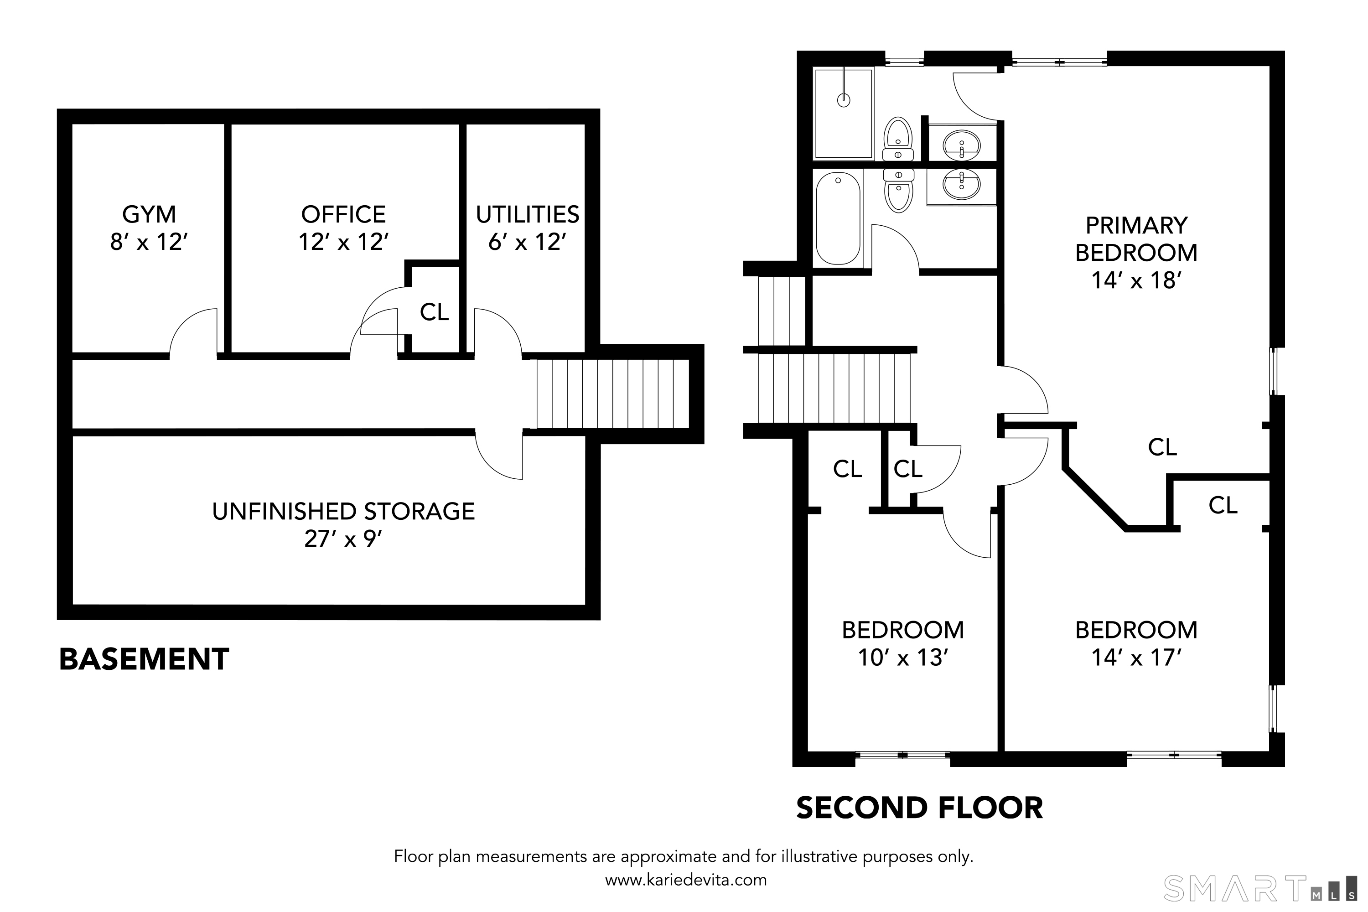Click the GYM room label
[x=149, y=215]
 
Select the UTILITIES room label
[x=527, y=215]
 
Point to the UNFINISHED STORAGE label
[x=343, y=512]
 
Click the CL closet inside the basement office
[x=434, y=313]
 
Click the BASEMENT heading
[x=144, y=659]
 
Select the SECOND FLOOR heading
[x=919, y=808]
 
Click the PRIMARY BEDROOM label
[x=1135, y=239]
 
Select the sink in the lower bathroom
[x=961, y=185]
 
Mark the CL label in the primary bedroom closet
[x=1162, y=447]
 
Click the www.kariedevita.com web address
[x=686, y=880]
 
